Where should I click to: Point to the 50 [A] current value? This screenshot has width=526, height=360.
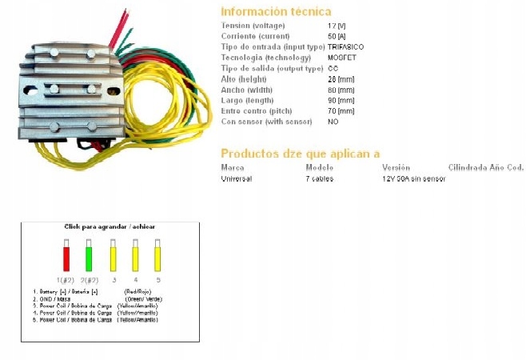click(x=337, y=37)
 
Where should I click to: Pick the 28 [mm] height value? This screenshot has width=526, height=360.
click(x=341, y=79)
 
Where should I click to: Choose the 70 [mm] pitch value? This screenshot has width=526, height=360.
click(x=341, y=111)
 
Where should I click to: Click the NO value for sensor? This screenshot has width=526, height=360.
click(x=333, y=122)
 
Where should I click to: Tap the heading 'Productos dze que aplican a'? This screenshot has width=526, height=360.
click(x=300, y=153)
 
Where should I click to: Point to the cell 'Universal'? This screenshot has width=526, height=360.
click(x=236, y=178)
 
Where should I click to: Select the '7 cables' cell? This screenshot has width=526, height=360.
click(x=321, y=178)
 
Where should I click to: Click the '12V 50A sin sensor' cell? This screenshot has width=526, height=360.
click(x=413, y=178)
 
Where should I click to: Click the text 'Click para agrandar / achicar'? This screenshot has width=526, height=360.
click(x=110, y=226)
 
